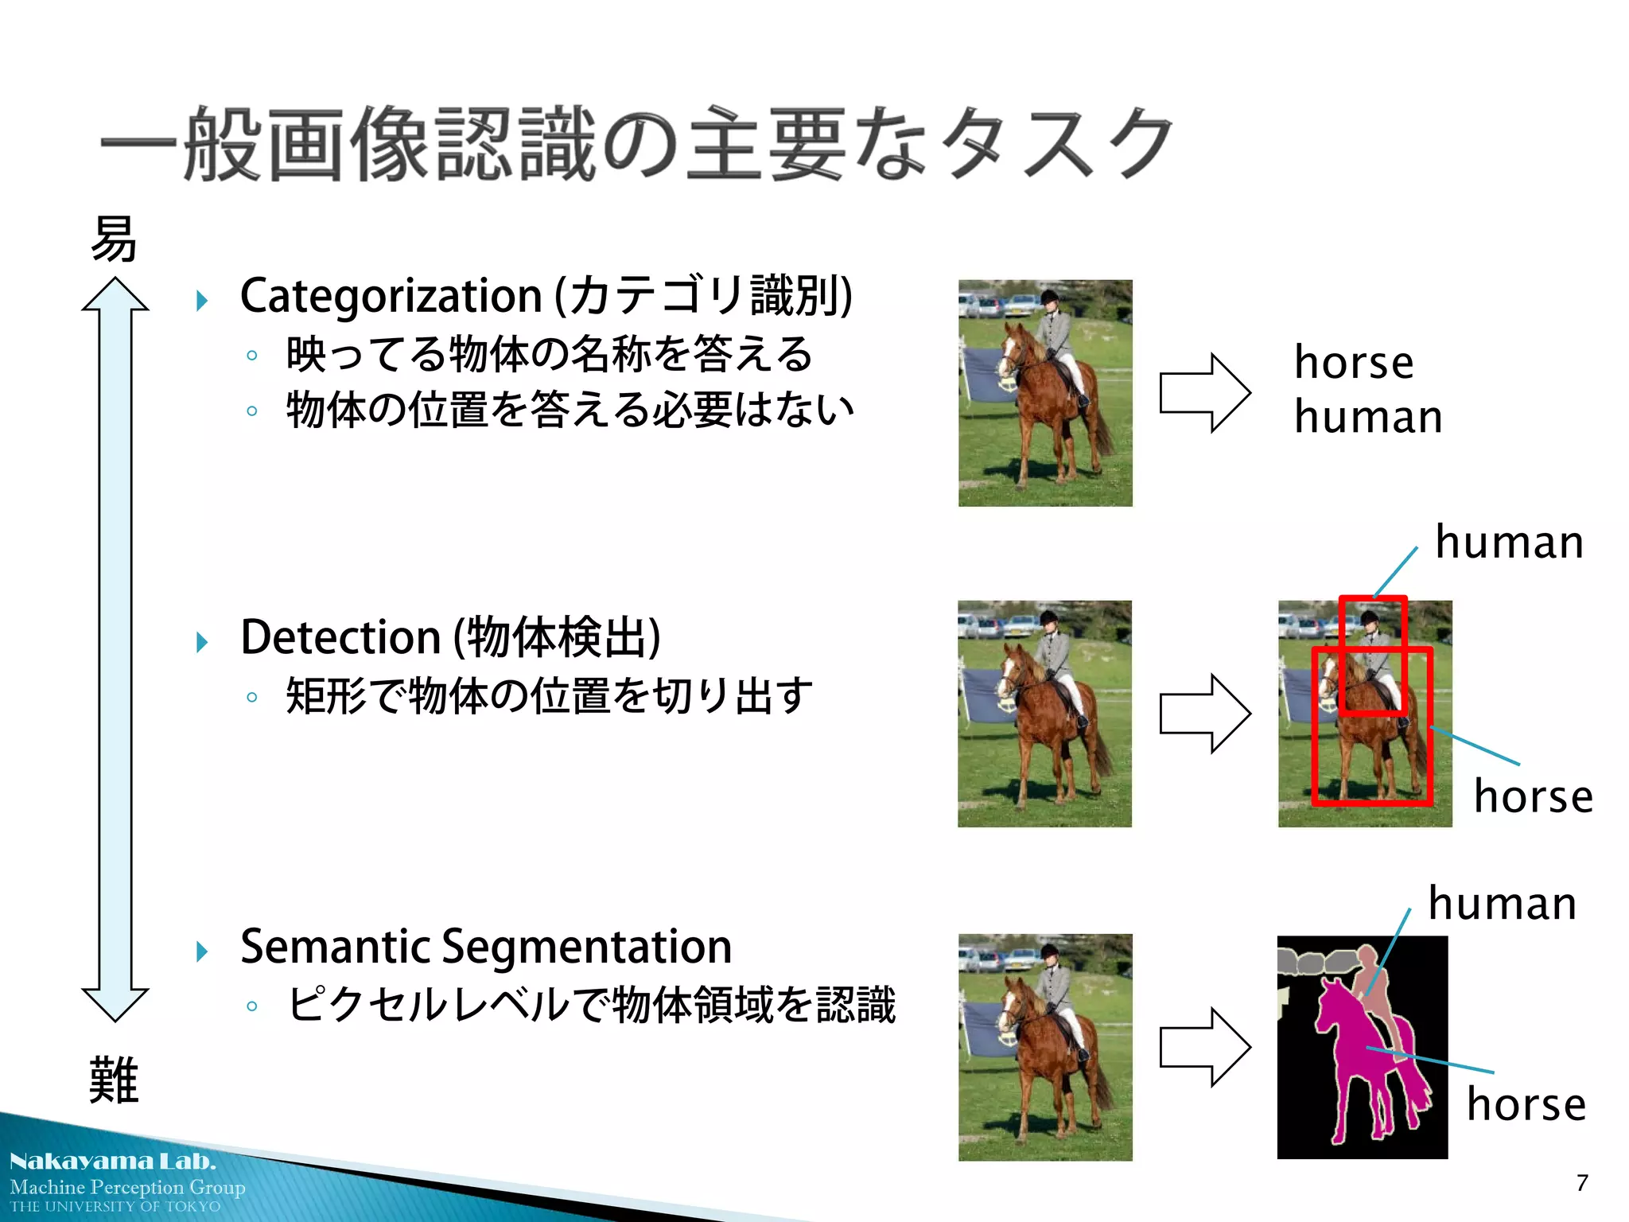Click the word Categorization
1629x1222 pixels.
coord(391,297)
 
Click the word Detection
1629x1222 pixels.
coord(340,638)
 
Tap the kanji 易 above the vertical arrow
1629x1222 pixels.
coord(114,239)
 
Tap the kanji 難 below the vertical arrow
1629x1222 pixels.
coord(114,1080)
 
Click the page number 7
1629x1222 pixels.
coord(1582,1183)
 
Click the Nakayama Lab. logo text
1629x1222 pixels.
coord(112,1162)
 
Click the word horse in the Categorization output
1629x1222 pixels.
coord(1354,363)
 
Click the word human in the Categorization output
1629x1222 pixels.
coord(1368,417)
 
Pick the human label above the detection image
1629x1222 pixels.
coord(1509,543)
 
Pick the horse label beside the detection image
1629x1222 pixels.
coord(1533,796)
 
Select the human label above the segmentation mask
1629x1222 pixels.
coord(1502,904)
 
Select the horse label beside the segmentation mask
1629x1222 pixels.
coord(1526,1105)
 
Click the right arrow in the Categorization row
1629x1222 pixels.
coord(1204,393)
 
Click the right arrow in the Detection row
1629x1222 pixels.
coord(1204,714)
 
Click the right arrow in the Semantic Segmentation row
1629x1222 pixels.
coord(1204,1047)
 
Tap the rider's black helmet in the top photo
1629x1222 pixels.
coord(1050,298)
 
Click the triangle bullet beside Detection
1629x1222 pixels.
coord(202,642)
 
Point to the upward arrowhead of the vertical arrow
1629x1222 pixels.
coord(115,294)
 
